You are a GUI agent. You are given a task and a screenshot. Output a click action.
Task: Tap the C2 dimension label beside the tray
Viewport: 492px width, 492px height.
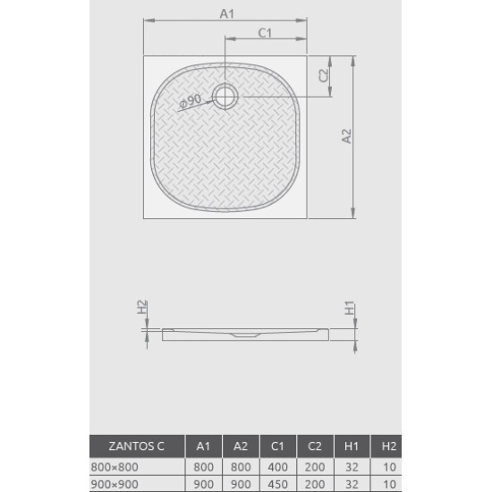pyautogui.click(x=324, y=76)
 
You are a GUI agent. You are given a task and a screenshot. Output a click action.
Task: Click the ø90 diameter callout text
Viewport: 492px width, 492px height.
pyautogui.click(x=191, y=102)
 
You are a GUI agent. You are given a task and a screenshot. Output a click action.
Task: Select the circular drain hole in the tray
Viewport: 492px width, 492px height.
pyautogui.click(x=225, y=96)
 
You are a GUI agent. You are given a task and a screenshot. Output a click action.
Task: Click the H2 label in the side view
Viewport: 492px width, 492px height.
pyautogui.click(x=142, y=307)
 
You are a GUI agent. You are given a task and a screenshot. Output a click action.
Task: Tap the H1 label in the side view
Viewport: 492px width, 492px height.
pyautogui.click(x=350, y=309)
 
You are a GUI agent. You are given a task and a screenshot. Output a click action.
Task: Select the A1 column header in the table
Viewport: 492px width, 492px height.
pyautogui.click(x=203, y=446)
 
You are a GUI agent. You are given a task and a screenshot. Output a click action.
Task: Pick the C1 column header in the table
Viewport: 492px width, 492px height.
pyautogui.click(x=276, y=446)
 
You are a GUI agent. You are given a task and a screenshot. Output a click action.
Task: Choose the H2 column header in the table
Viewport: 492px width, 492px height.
pyautogui.click(x=387, y=446)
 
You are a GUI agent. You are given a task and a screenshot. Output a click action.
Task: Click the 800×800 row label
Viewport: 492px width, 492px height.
pyautogui.click(x=115, y=466)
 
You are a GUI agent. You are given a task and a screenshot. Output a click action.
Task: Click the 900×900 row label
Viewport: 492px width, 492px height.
pyautogui.click(x=115, y=484)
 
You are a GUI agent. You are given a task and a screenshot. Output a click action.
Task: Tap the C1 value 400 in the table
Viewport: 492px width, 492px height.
pyautogui.click(x=276, y=466)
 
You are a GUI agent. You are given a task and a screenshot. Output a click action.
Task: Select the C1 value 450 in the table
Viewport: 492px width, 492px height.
pyautogui.click(x=276, y=484)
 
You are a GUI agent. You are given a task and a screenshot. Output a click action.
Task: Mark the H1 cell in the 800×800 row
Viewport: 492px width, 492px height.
pyautogui.click(x=351, y=466)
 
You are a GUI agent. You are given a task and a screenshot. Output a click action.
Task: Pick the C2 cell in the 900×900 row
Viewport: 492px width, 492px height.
pyautogui.click(x=314, y=484)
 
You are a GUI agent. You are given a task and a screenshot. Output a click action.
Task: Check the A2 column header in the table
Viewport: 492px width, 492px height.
pyautogui.click(x=240, y=446)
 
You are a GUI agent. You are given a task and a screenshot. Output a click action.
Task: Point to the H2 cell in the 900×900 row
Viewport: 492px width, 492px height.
pyautogui.click(x=387, y=484)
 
